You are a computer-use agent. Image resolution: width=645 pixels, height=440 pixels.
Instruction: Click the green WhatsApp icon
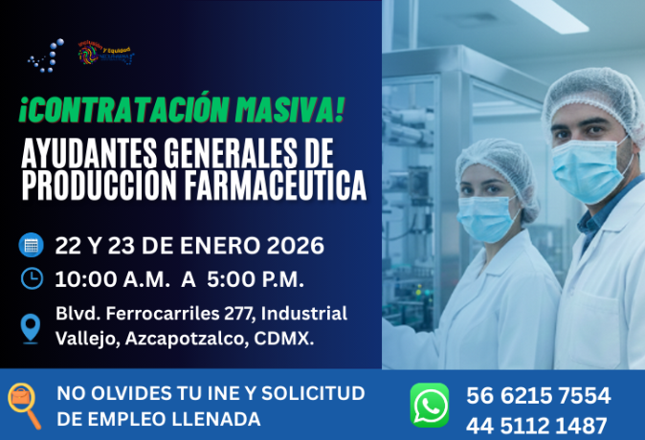click(x=430, y=405)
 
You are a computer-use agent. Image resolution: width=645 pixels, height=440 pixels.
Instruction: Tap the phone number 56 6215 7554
click(x=538, y=396)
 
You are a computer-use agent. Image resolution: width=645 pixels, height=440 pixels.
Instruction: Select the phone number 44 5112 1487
click(x=537, y=426)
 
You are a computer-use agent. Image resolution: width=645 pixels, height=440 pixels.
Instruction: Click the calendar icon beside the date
click(x=32, y=245)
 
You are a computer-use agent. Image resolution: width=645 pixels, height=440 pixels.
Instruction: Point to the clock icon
click(x=32, y=278)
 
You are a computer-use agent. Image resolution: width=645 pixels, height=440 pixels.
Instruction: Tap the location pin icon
click(x=32, y=327)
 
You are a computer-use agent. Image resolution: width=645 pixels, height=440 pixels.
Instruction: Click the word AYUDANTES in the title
click(x=82, y=153)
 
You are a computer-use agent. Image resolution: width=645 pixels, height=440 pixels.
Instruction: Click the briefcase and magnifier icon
click(x=24, y=405)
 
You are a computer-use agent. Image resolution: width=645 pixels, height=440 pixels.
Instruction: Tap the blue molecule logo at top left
click(x=46, y=55)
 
